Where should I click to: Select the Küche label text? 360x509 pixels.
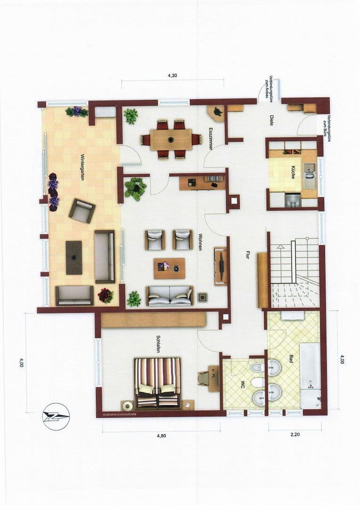[293, 172]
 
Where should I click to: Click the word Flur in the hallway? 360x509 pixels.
[247, 255]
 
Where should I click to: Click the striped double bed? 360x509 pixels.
[157, 382]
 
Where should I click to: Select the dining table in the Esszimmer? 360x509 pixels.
[171, 140]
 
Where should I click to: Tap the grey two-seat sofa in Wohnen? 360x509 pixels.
[169, 296]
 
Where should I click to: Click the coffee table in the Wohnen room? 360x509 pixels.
[169, 268]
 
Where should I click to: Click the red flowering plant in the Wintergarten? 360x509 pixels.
[106, 296]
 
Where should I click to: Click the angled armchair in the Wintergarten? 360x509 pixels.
[82, 210]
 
